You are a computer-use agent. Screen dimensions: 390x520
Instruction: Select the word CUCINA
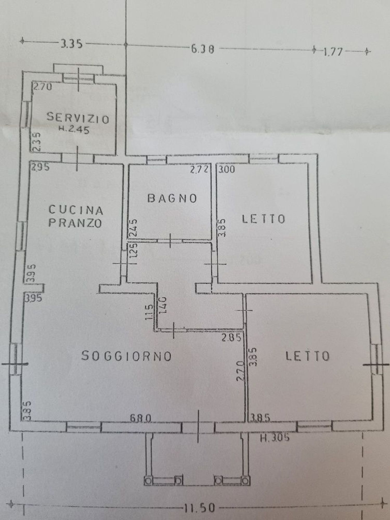pyautogui.click(x=76, y=210)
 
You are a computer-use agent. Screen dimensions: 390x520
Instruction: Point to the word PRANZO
pyautogui.click(x=75, y=223)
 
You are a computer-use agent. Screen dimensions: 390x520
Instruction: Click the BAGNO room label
pyautogui.click(x=172, y=199)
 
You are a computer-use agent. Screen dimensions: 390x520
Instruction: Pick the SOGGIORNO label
pyautogui.click(x=127, y=356)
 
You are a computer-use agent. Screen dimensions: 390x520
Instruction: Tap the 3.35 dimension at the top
pyautogui.click(x=71, y=44)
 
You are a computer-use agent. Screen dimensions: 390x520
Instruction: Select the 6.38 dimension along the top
pyautogui.click(x=203, y=49)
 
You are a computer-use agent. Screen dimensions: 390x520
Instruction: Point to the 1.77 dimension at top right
pyautogui.click(x=333, y=52)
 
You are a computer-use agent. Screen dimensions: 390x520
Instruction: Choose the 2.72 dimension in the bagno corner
pyautogui.click(x=199, y=170)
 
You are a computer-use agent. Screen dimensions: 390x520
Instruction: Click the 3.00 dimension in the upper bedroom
pyautogui.click(x=226, y=170)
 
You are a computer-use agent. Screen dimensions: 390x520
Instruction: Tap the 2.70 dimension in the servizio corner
pyautogui.click(x=43, y=87)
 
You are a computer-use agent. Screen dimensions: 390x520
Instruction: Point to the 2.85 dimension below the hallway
pyautogui.click(x=231, y=338)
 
